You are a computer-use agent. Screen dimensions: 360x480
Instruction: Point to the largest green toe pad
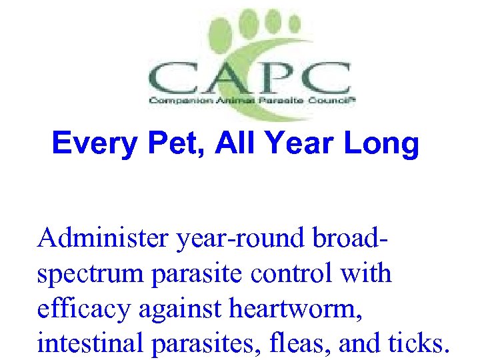[223, 34]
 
